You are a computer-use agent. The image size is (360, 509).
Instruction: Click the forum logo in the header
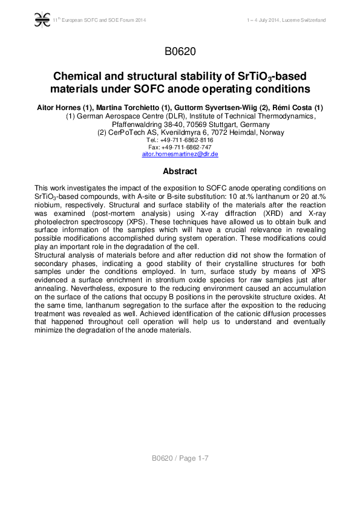coord(42,20)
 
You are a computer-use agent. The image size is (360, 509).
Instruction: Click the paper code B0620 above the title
coord(180,51)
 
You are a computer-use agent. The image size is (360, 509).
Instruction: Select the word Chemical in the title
coord(78,77)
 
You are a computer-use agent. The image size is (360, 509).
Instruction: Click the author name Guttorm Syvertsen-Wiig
coord(209,107)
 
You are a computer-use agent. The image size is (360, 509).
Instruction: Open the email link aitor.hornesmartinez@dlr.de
coord(180,154)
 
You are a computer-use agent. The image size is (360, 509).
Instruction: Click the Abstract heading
coord(180,172)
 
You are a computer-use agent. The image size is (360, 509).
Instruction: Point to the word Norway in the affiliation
coord(267,132)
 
